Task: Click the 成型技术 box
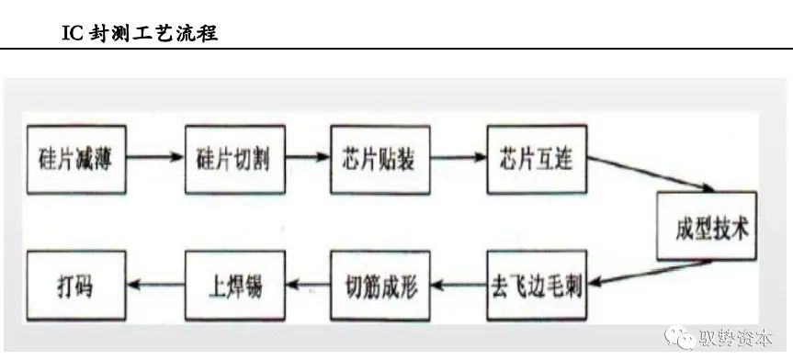point(707,227)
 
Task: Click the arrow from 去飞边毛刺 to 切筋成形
point(456,285)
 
